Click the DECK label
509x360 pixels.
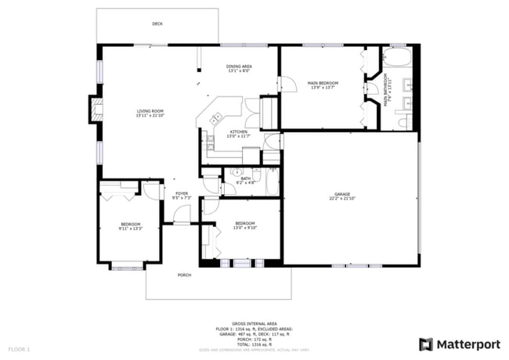pyautogui.click(x=157, y=24)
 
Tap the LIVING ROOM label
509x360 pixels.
pyautogui.click(x=150, y=112)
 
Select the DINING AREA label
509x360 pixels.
pyautogui.click(x=239, y=67)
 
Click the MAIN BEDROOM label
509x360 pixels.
pyautogui.click(x=323, y=83)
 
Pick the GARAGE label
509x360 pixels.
pyautogui.click(x=342, y=194)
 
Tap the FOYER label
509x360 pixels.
pyautogui.click(x=182, y=193)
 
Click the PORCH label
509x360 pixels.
pyautogui.click(x=185, y=275)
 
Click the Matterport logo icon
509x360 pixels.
pyautogui.click(x=425, y=344)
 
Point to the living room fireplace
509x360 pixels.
pyautogui.click(x=95, y=110)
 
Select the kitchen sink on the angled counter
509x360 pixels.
pyautogui.click(x=215, y=118)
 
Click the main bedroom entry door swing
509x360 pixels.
pyautogui.click(x=287, y=82)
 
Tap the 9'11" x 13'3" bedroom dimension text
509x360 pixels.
pyautogui.click(x=129, y=229)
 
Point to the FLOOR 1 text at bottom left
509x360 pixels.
pyautogui.click(x=19, y=348)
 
